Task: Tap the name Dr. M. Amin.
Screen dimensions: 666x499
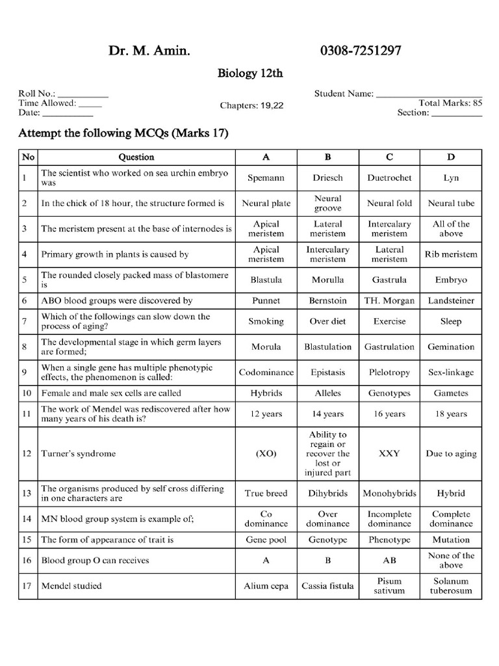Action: pos(150,51)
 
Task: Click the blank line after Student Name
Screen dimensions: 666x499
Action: pos(429,94)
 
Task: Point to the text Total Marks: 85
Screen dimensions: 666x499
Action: pos(450,103)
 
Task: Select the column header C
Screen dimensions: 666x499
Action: pos(389,157)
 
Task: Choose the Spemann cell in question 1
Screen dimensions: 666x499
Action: pos(266,178)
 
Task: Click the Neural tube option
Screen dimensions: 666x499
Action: pos(451,204)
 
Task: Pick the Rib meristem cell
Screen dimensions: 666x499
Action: pos(451,254)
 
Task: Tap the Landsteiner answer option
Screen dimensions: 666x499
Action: pos(451,301)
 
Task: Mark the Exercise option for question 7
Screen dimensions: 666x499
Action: pos(389,321)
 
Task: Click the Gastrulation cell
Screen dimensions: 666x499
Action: pos(389,347)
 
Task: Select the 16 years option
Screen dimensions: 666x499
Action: pos(389,414)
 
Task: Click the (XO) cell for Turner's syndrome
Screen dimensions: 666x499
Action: pos(266,454)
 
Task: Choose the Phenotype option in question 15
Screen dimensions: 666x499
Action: pos(389,540)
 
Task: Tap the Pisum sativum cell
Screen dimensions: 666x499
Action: pos(389,586)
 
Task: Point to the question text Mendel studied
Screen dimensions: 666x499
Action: pos(71,586)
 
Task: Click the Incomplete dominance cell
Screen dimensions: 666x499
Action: pos(389,518)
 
